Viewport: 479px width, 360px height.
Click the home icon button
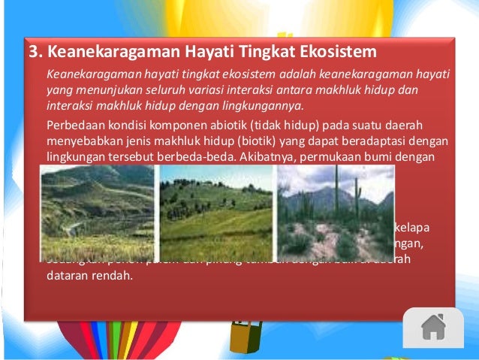(434, 327)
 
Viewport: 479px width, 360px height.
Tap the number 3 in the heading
(33, 53)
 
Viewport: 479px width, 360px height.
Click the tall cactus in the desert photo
(336, 195)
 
